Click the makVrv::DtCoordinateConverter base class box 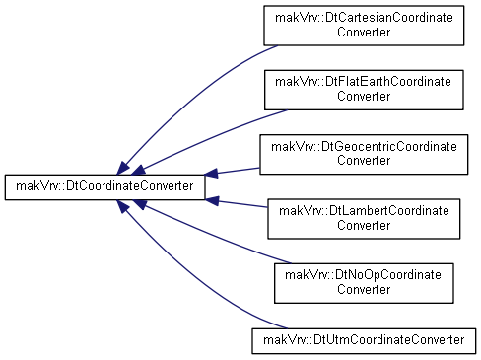(104, 187)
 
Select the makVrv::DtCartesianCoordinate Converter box (364, 26)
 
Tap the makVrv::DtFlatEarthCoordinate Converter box (364, 90)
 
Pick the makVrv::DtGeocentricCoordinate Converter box (364, 154)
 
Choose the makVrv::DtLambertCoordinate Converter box (364, 219)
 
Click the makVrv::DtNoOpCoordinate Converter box (364, 283)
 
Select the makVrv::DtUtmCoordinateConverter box (364, 341)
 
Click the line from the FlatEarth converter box (210, 137)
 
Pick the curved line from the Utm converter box (194, 279)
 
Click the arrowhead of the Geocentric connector (212, 174)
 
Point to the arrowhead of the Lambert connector (212, 200)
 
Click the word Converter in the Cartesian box (364, 33)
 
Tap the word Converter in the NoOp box (364, 290)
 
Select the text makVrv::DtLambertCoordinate (364, 211)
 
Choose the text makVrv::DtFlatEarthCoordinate (363, 82)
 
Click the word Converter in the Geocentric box (364, 161)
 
